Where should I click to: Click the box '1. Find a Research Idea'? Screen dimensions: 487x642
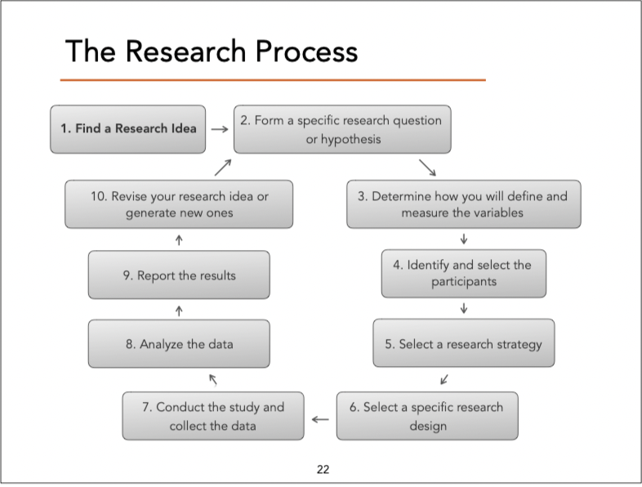click(x=128, y=129)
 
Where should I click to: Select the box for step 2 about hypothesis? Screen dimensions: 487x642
click(x=342, y=129)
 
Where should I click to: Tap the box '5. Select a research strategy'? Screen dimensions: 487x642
click(x=463, y=344)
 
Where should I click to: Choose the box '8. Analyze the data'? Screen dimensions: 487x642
click(x=179, y=344)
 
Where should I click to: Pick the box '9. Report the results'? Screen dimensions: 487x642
click(x=179, y=275)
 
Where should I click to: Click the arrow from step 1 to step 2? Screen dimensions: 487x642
click(x=218, y=129)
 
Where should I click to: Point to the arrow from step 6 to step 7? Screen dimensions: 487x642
click(x=320, y=420)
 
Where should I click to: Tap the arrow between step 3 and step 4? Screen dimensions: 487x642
click(x=464, y=239)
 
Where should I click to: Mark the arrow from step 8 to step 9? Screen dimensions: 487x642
click(x=179, y=310)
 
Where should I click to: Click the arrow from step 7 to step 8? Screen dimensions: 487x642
click(x=213, y=378)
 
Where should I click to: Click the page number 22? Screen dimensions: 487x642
click(x=323, y=469)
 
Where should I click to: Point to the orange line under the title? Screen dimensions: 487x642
click(x=273, y=80)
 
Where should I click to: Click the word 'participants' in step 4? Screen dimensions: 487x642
click(x=463, y=283)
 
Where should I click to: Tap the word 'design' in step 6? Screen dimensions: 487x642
click(x=427, y=426)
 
